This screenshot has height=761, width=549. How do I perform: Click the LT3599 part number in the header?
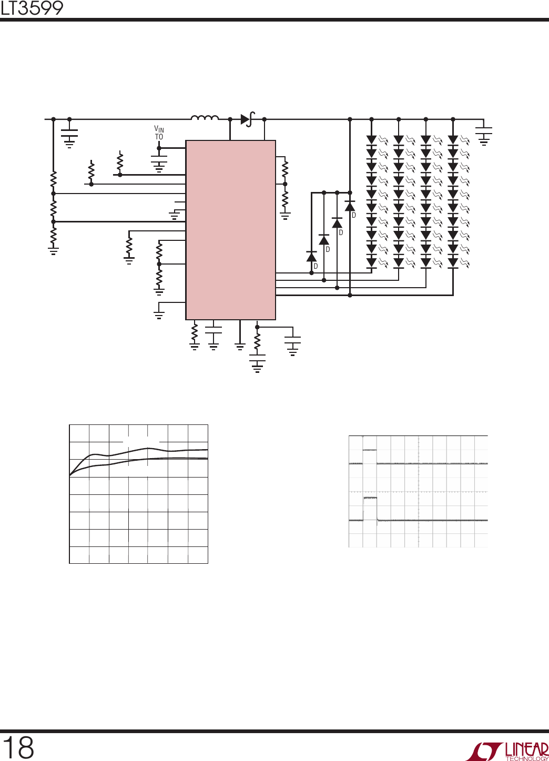[32, 8]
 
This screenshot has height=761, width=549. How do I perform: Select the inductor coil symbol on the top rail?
[205, 118]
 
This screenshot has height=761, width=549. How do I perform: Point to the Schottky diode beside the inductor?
[247, 119]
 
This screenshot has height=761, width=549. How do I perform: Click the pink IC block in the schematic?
[230, 230]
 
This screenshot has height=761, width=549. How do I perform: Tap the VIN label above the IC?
[159, 129]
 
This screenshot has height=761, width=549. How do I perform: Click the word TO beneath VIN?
[159, 137]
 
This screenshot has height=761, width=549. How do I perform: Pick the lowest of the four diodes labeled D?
[311, 257]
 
